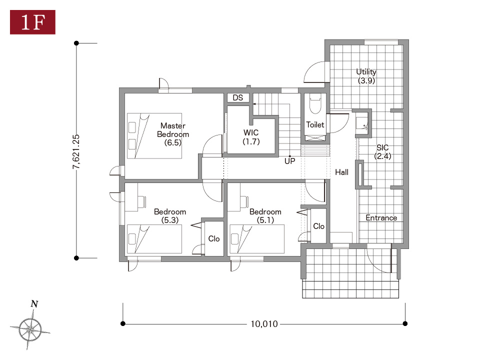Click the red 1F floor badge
point(33,22)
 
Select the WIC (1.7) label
point(251,137)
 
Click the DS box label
point(238,97)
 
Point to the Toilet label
point(315,124)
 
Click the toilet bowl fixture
point(315,104)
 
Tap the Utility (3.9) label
point(366,76)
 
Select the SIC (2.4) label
point(382,152)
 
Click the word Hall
point(341,172)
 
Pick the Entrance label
point(381,217)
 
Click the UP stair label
point(289,161)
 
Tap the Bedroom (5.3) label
point(170,216)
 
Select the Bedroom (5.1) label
point(265,216)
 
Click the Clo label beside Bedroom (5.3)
point(214,239)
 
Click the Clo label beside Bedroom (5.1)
point(318,226)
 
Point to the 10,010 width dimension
point(264,324)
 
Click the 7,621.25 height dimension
point(76,151)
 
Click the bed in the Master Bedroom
point(154,136)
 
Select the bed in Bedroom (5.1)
point(257,239)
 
